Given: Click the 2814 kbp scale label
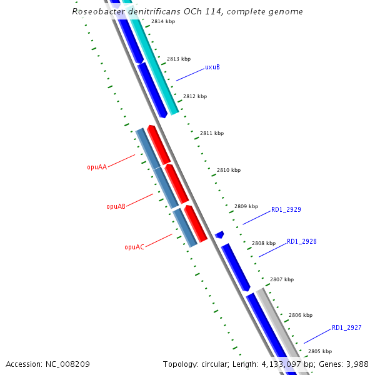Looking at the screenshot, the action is (163, 21).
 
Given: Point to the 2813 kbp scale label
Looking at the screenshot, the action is (179, 59).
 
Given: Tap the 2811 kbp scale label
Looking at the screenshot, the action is (211, 133).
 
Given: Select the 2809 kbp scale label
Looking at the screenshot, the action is (246, 206).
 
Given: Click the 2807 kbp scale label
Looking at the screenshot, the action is (281, 279).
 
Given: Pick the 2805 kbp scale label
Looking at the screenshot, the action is (319, 351).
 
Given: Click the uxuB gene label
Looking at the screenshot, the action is (212, 67).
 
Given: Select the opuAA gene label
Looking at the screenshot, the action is (97, 167).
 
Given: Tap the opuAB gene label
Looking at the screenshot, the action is (116, 206).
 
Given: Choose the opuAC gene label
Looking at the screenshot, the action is (134, 247).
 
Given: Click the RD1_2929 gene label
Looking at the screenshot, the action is (286, 210).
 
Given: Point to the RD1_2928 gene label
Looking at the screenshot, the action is (301, 241).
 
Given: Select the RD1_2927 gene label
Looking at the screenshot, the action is (346, 327).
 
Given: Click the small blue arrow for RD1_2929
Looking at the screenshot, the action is (219, 235).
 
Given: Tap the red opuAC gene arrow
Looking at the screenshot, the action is (196, 223).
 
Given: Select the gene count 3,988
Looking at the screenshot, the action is (354, 364).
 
